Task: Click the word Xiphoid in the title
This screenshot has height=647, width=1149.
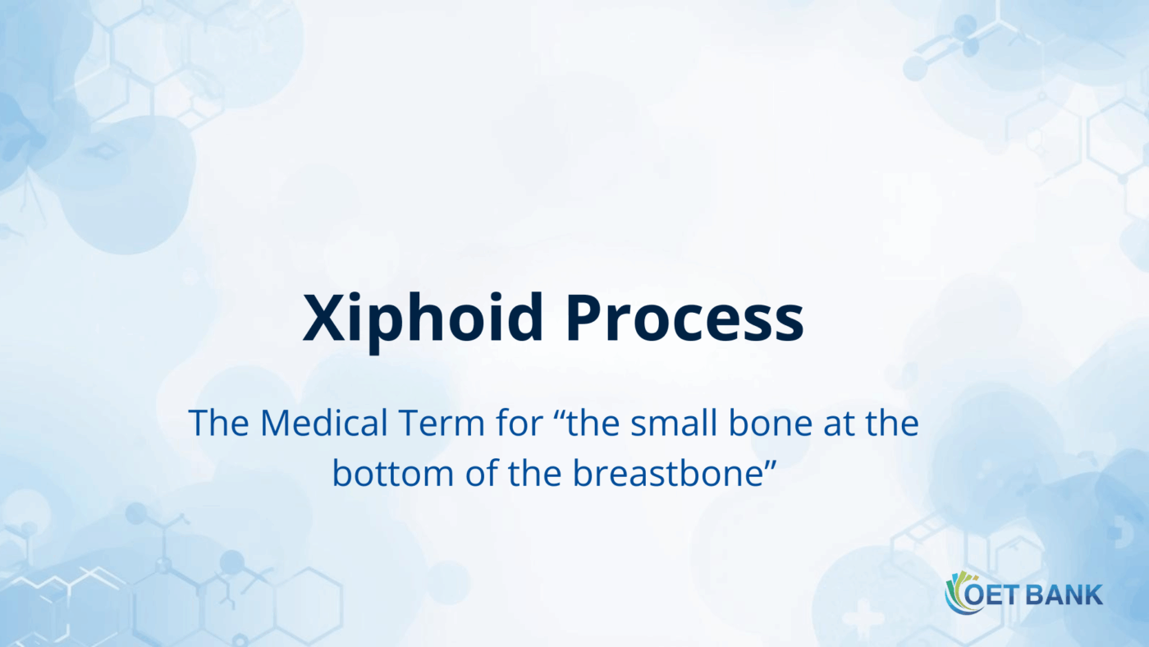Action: point(423,319)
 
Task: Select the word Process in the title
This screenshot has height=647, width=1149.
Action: point(684,319)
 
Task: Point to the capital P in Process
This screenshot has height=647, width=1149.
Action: point(584,319)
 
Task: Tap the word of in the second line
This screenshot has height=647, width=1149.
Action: point(457,475)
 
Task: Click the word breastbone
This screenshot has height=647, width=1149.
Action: point(665,475)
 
